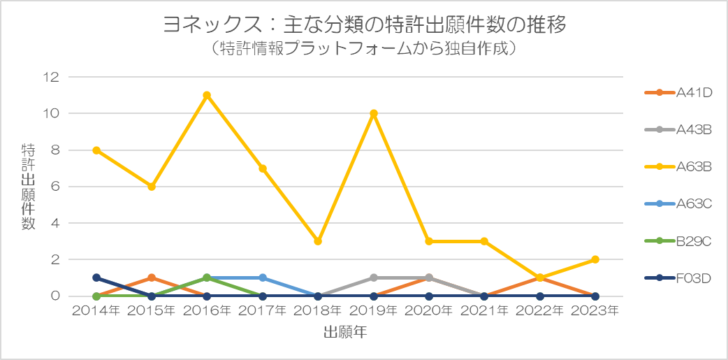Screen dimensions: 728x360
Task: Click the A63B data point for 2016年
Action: click(207, 95)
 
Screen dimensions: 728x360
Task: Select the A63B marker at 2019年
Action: click(374, 113)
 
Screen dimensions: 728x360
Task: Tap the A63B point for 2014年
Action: click(96, 150)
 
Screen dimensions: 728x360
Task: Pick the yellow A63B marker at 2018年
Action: click(318, 241)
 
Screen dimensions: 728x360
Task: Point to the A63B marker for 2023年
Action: click(595, 259)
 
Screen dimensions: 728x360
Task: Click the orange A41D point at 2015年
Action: click(152, 278)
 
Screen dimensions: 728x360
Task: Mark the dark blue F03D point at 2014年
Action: click(96, 278)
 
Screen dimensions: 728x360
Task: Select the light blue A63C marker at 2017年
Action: click(263, 278)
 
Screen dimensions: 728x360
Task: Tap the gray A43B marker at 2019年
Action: click(374, 278)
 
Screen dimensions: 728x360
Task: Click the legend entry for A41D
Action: click(678, 92)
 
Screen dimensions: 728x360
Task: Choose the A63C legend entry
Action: click(678, 204)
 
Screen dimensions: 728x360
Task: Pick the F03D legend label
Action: click(694, 278)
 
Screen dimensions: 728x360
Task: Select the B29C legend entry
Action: click(678, 241)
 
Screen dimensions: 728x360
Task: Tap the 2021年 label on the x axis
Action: click(484, 311)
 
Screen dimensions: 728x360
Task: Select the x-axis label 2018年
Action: click(318, 311)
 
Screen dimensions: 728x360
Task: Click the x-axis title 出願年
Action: click(346, 333)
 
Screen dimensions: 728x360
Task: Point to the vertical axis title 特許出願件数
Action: click(29, 186)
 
